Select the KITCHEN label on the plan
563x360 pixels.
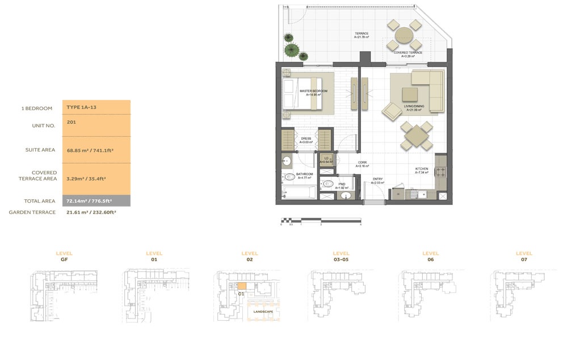click(x=422, y=170)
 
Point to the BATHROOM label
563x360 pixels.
click(x=305, y=175)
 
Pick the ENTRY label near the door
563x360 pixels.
click(x=377, y=180)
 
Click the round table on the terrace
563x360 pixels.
click(x=404, y=35)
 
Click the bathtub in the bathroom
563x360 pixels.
click(x=299, y=192)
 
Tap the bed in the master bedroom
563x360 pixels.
click(x=307, y=94)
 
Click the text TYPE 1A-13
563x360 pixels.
click(x=81, y=107)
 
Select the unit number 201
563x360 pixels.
click(x=71, y=122)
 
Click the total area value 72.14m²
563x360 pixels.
click(x=88, y=201)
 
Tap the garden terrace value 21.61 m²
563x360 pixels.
click(x=91, y=212)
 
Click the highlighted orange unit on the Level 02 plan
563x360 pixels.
click(x=241, y=286)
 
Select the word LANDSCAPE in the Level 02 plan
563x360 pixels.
click(x=263, y=312)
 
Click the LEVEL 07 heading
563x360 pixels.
click(x=523, y=256)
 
